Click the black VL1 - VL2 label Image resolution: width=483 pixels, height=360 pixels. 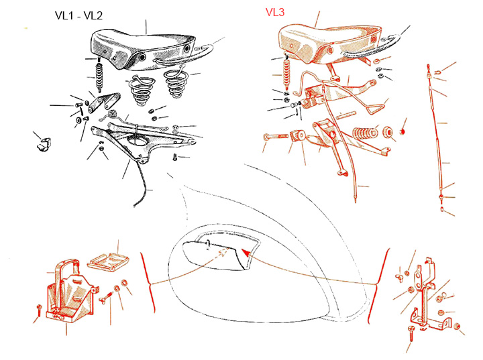(x=78, y=15)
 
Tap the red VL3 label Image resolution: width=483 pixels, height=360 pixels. (x=275, y=12)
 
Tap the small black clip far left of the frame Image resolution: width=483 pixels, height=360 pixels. (x=44, y=144)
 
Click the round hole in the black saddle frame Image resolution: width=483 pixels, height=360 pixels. (x=138, y=140)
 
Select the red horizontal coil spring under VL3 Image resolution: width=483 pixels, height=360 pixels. (x=365, y=133)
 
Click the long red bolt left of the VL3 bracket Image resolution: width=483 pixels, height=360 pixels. (x=276, y=136)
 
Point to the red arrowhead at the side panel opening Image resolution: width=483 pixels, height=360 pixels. (x=246, y=253)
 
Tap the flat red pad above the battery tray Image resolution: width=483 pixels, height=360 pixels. (x=108, y=261)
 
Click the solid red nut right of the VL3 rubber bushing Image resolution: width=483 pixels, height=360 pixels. (x=402, y=131)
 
